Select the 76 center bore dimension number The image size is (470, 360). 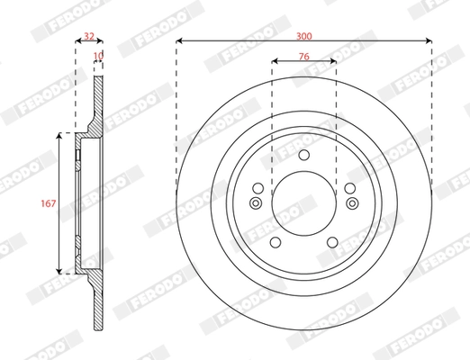coord(304,56)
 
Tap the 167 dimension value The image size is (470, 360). coord(50,203)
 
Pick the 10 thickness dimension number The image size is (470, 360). coord(99,56)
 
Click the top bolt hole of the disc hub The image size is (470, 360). coord(304,157)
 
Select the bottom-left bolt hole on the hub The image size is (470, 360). coord(275,242)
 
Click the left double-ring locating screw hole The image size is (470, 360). coord(255,202)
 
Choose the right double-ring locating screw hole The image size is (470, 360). coord(353,202)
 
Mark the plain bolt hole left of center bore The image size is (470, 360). coord(258,187)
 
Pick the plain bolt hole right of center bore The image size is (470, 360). coord(349,187)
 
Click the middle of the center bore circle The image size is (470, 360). coord(304,203)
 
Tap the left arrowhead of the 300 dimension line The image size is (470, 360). coord(180,40)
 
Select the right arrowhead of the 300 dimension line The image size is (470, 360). coord(429,40)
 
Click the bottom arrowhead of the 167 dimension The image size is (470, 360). coord(60,270)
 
